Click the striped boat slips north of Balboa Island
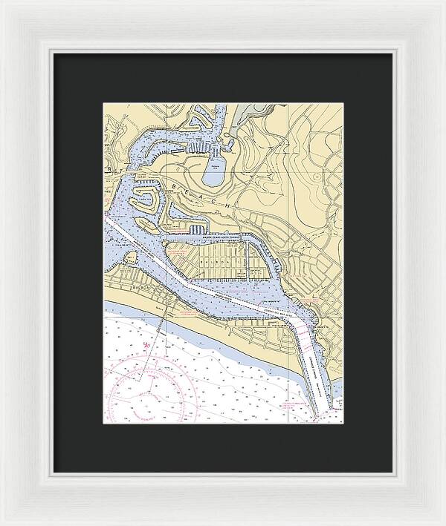tap(195, 230)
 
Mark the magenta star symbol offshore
tap(147, 346)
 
